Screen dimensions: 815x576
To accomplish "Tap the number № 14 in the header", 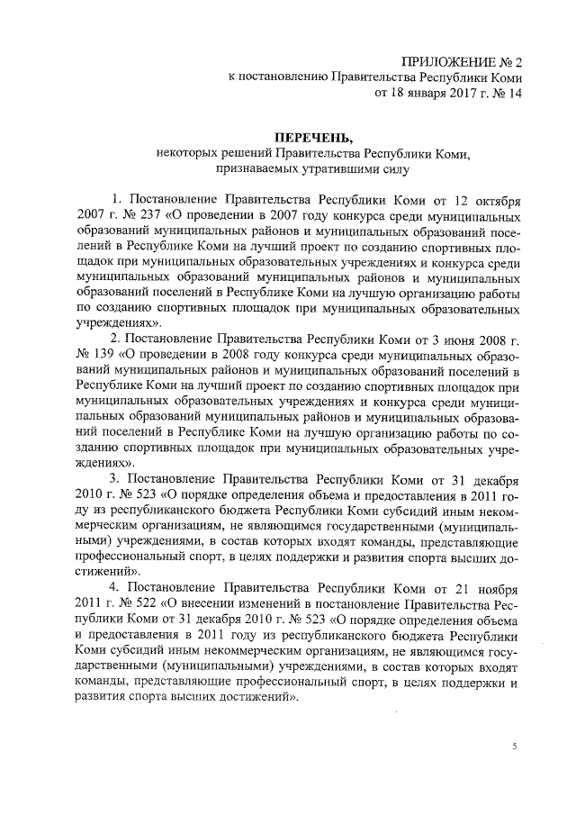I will click(x=504, y=92).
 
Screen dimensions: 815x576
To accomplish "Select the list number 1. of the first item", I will click(x=115, y=199).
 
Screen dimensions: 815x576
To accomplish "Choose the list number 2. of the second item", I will click(x=115, y=340).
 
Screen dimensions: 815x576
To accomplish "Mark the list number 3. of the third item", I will click(x=115, y=478).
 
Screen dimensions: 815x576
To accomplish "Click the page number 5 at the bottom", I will click(x=515, y=747).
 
